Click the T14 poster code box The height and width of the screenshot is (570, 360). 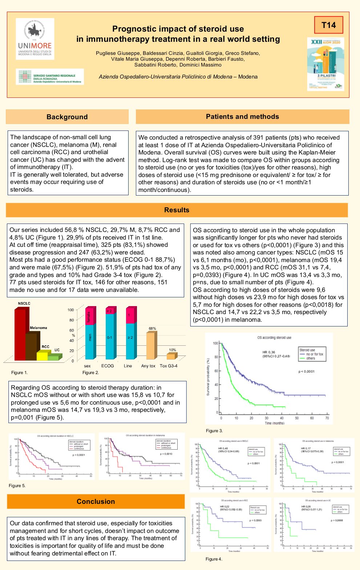click(x=328, y=25)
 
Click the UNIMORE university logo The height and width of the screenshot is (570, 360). click(x=35, y=39)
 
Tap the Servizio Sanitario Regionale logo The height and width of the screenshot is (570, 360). click(x=50, y=77)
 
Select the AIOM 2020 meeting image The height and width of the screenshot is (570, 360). click(x=325, y=64)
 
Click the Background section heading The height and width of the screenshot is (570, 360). click(x=67, y=117)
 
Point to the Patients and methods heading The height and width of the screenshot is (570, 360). click(x=242, y=117)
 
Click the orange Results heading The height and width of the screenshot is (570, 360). click(x=177, y=210)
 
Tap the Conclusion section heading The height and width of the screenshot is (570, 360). click(x=96, y=502)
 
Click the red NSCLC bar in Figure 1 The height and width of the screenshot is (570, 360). click(x=20, y=334)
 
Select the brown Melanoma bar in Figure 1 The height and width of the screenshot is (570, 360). click(x=31, y=346)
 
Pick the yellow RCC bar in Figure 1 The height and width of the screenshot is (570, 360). click(x=42, y=356)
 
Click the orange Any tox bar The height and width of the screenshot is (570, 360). click(x=150, y=346)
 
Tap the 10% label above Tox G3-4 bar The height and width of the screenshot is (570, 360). click(x=172, y=350)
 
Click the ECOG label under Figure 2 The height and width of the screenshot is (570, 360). click(x=108, y=366)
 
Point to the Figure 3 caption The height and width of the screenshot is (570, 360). click(x=214, y=431)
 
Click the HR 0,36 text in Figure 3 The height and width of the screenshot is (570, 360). click(x=269, y=352)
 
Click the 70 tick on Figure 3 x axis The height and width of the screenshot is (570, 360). click(x=327, y=418)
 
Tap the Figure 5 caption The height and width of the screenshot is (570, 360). click(x=17, y=486)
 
